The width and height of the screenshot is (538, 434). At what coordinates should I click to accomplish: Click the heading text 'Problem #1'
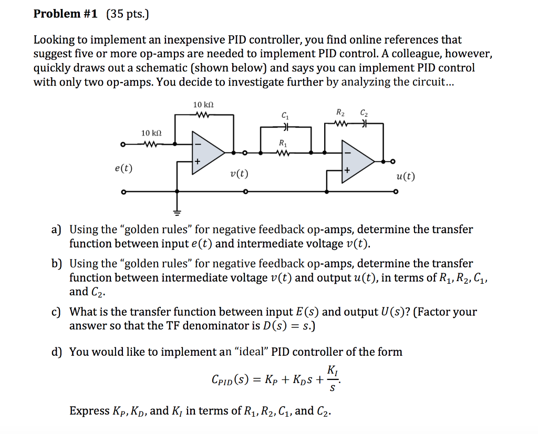[x=65, y=14]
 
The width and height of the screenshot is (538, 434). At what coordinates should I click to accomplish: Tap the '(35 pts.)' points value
[x=128, y=14]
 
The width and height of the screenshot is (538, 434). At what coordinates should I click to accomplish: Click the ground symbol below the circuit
[x=177, y=213]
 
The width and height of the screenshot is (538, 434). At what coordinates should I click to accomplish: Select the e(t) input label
[x=123, y=168]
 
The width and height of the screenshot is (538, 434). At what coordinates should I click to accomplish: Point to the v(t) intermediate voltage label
[x=239, y=174]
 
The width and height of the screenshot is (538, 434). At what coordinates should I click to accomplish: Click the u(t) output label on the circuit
[x=406, y=177]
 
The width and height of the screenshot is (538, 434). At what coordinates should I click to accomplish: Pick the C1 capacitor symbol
[x=286, y=127]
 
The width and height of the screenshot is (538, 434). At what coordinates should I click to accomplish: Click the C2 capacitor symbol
[x=365, y=123]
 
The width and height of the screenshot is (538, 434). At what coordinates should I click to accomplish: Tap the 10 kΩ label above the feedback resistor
[x=203, y=105]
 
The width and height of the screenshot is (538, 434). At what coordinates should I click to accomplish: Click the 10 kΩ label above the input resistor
[x=151, y=133]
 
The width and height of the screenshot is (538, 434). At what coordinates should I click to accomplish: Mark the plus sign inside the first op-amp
[x=198, y=161]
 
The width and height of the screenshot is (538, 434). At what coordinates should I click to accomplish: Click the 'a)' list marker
[x=56, y=230]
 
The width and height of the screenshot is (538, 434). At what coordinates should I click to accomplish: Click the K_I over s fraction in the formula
[x=332, y=379]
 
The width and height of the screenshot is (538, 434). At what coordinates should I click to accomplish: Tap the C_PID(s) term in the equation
[x=230, y=380]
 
